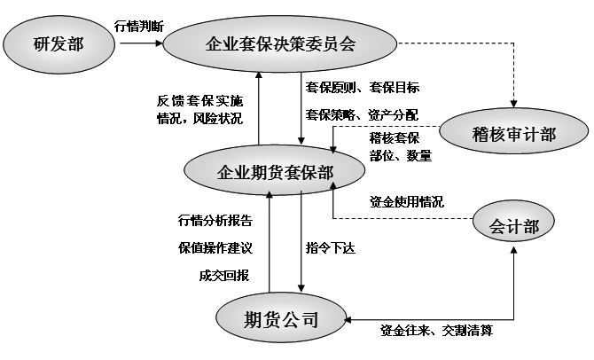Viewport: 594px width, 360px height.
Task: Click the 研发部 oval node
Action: click(58, 42)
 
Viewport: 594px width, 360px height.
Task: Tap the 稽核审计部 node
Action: click(514, 135)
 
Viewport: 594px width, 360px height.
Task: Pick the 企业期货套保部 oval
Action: click(275, 171)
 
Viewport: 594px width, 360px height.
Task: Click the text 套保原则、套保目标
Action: click(363, 87)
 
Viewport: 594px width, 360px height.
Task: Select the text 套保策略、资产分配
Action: click(362, 114)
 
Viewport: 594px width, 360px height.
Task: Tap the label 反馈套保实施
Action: click(199, 99)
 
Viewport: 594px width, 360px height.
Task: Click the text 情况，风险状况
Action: click(199, 117)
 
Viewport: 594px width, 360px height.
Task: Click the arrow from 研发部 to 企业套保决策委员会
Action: click(138, 42)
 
